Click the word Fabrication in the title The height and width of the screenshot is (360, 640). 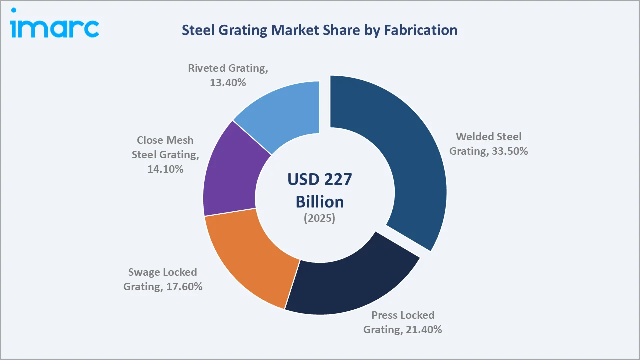(x=420, y=30)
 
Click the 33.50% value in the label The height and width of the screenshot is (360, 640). (x=509, y=151)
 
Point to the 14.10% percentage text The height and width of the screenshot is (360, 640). (x=165, y=169)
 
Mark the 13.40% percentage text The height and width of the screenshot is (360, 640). (x=228, y=83)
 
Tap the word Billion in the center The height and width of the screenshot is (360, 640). (x=320, y=201)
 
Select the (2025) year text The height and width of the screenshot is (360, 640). (x=320, y=219)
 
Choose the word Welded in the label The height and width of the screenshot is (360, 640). (x=474, y=137)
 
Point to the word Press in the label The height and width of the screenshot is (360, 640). (x=385, y=315)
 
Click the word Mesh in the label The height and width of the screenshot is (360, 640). (x=179, y=140)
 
